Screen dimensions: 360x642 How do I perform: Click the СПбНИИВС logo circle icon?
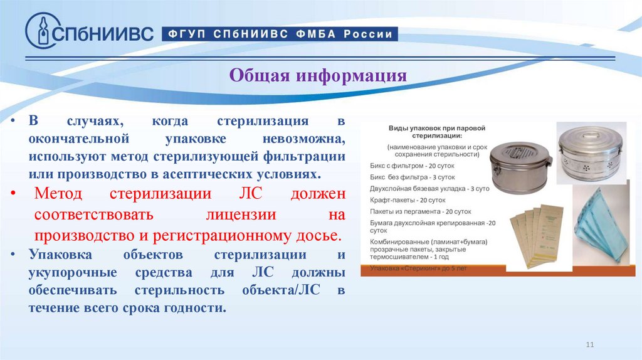41,31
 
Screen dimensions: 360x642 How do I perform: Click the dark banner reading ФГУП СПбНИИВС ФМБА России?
280,34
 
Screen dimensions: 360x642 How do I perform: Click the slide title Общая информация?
318,76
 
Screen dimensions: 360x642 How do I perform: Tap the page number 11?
589,344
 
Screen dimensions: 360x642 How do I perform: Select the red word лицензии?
242,214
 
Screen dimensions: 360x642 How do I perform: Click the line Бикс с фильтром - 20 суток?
412,166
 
